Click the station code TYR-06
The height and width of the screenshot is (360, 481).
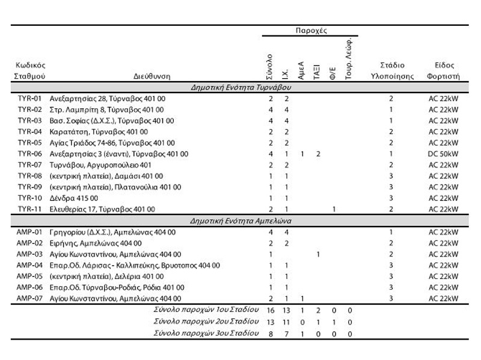tap(29, 154)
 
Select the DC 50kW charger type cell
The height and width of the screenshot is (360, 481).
tap(443, 154)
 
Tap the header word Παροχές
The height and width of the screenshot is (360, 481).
tap(310, 30)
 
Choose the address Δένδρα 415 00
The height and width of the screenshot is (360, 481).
tap(73, 198)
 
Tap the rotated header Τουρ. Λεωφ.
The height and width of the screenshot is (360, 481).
tap(349, 58)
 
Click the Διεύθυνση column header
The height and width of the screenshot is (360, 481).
tap(152, 77)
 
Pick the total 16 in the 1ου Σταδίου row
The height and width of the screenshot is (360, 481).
tap(271, 310)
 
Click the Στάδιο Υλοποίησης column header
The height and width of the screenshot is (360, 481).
tap(391, 71)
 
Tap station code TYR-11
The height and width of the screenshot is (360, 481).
tap(29, 209)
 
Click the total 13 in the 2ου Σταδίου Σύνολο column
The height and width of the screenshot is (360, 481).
tap(271, 322)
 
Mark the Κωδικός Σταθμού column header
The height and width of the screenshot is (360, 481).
tap(29, 71)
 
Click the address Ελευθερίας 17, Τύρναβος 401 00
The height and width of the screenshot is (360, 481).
tap(103, 209)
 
